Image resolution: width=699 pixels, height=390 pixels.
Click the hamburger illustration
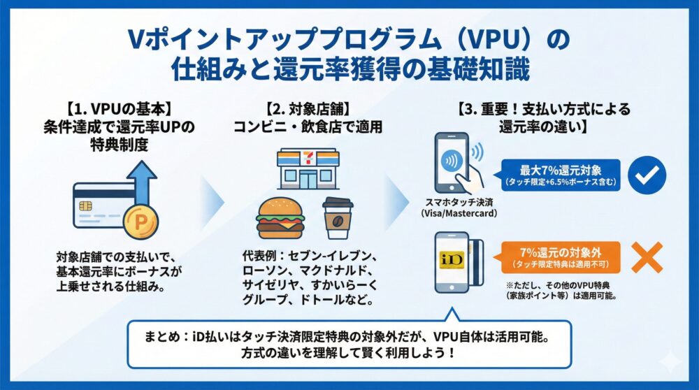pos(280,219)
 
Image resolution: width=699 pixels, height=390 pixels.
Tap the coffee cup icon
pos(338,218)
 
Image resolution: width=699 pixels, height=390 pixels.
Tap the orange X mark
pos(646,258)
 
